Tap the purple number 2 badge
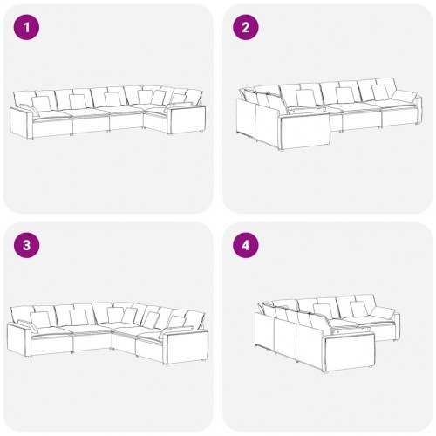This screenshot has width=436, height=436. point(245,27)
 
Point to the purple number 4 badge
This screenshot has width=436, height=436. point(245,245)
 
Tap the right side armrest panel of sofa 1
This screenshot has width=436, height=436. point(184,119)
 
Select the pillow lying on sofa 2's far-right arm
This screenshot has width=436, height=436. point(405,95)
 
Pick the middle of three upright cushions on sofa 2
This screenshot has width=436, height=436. point(343,94)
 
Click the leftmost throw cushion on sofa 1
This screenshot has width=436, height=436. point(41,103)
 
